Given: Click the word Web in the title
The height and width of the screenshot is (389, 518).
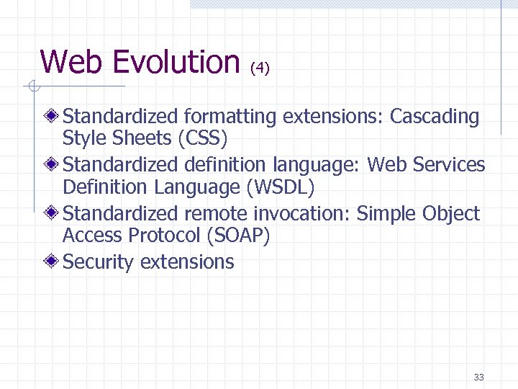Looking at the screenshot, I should click(71, 61).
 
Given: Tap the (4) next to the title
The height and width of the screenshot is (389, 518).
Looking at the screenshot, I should click(260, 68).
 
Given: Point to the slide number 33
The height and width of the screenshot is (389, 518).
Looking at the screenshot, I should click(478, 377).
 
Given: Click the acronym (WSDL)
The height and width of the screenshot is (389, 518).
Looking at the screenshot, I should click(281, 187).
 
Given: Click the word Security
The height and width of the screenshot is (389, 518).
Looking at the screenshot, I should click(99, 261).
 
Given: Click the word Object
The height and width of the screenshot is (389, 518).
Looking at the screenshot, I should click(450, 214).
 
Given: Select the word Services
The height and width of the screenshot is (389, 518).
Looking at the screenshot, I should click(450, 165).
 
